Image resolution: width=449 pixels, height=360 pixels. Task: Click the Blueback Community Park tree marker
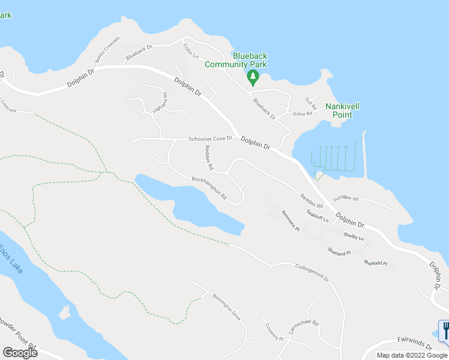pyautogui.click(x=253, y=77)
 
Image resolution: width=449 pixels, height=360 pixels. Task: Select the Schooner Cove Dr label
pyautogui.click(x=211, y=139)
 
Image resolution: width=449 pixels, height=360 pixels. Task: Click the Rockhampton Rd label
pyautogui.click(x=209, y=187)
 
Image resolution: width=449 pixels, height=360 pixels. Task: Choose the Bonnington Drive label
pyautogui.click(x=226, y=306)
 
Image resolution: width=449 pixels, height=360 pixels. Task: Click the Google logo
pyautogui.click(x=20, y=353)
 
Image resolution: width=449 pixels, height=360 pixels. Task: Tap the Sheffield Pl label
pyautogui.click(x=375, y=262)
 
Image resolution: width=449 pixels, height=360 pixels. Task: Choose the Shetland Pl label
pyautogui.click(x=339, y=252)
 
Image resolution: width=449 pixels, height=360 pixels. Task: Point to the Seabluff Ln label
pyautogui.click(x=318, y=216)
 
